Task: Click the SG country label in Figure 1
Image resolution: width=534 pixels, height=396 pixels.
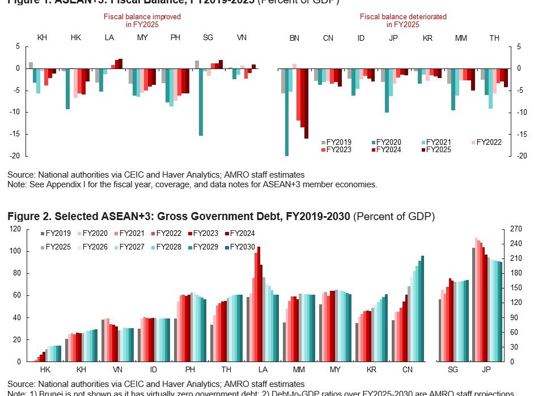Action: click(208, 38)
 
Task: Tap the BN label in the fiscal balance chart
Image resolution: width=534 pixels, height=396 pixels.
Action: click(294, 38)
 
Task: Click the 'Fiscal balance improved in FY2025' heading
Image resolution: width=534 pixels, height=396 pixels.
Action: click(142, 21)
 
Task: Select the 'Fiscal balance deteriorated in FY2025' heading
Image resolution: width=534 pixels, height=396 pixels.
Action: click(403, 21)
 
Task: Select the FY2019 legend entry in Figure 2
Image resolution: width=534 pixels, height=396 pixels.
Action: click(56, 234)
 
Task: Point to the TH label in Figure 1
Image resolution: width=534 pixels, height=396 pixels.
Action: click(494, 38)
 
